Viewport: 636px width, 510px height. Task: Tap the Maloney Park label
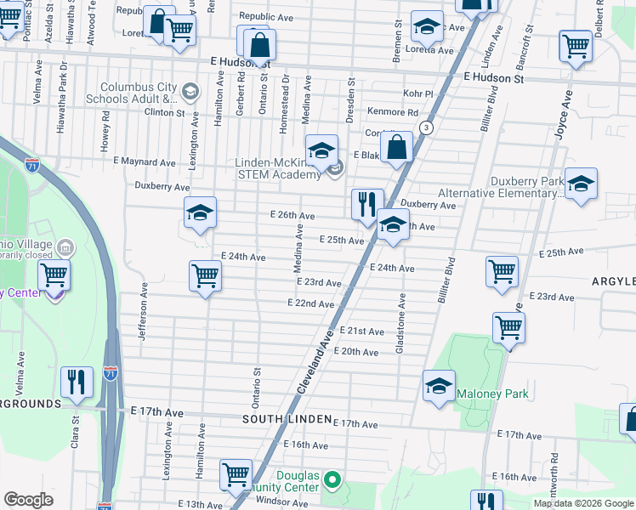(x=492, y=394)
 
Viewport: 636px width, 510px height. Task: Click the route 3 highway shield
(x=427, y=127)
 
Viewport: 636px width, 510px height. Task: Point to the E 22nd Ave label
(x=310, y=303)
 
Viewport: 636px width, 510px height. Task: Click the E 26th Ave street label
(x=292, y=216)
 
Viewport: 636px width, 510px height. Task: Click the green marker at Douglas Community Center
(x=333, y=482)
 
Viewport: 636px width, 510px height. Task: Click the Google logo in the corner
(x=29, y=500)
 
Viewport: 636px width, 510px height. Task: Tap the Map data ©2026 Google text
(x=582, y=503)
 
